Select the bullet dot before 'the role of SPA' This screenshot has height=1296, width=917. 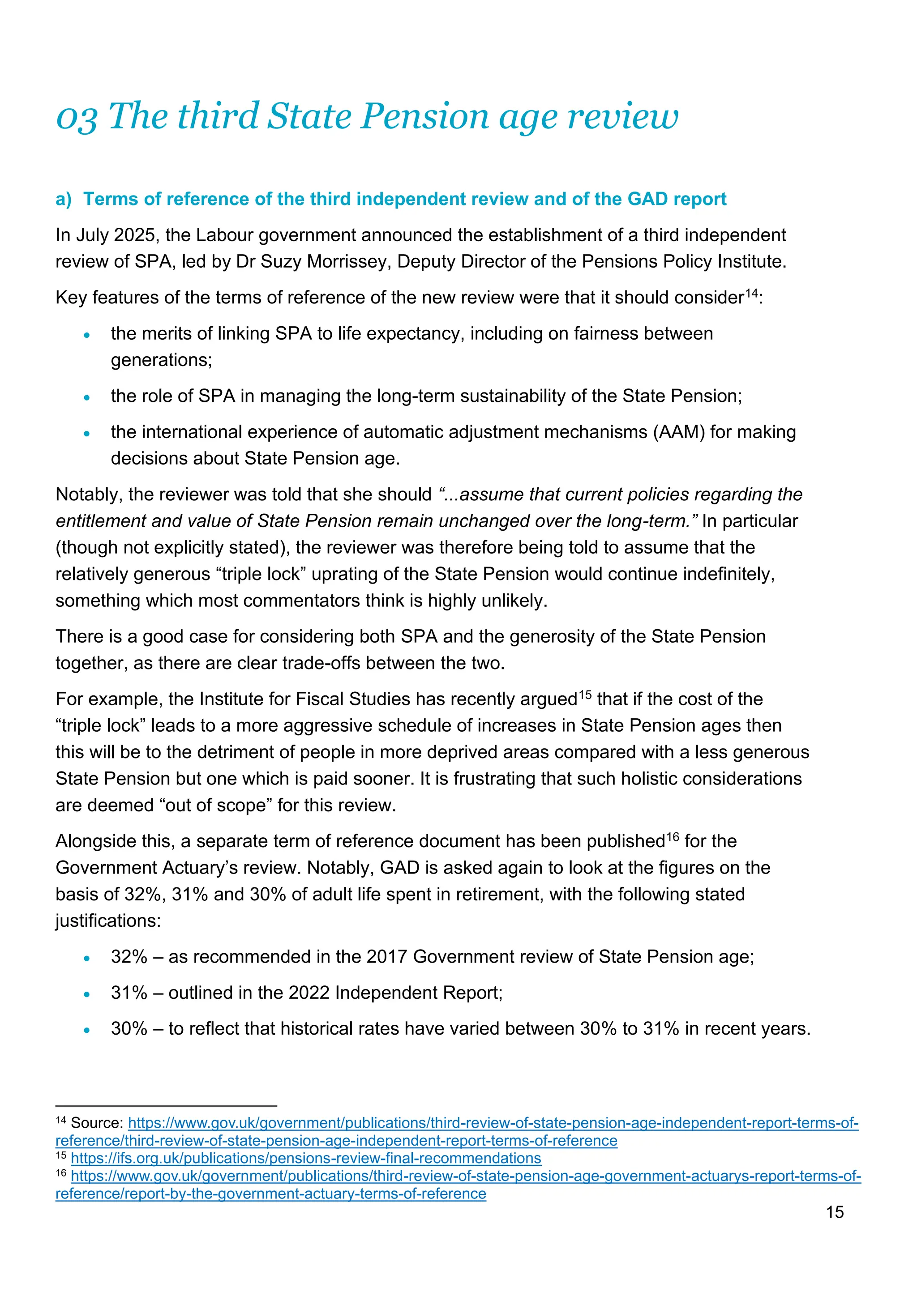coord(86,397)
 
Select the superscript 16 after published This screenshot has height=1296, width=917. coord(673,836)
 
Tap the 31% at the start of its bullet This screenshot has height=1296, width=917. coord(129,993)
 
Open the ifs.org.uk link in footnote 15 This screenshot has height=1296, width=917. coord(305,1158)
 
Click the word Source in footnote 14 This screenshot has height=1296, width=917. coord(95,1123)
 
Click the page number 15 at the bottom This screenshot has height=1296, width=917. coord(835,1212)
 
